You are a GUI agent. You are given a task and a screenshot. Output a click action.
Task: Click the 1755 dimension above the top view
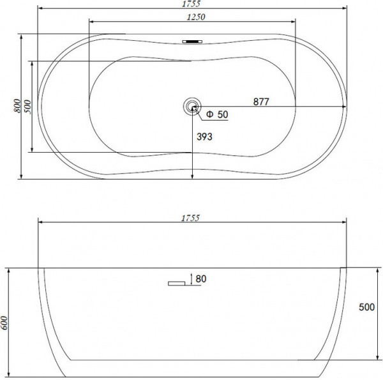pos(192,4)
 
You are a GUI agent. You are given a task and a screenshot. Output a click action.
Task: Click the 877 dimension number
pos(260,101)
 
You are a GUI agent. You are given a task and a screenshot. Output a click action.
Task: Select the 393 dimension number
pos(204,137)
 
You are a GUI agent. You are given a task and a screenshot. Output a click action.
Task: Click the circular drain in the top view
pos(192,106)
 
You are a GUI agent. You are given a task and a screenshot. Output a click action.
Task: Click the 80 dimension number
pos(202,278)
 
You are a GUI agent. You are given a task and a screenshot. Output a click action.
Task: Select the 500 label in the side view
pos(366,307)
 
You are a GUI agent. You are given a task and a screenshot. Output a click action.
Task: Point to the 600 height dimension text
pos(6,323)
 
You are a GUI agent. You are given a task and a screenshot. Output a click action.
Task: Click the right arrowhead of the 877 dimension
pos(344,106)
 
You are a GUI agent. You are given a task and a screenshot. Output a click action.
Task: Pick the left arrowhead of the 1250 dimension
pos(89,22)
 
